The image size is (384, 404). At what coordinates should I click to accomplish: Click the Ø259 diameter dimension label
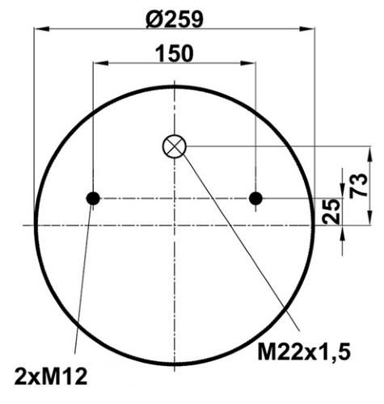tap(174, 20)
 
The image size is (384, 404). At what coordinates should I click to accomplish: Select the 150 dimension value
tap(175, 53)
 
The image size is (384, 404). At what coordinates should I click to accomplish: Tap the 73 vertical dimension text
tap(358, 186)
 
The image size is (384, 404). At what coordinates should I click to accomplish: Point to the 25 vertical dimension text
tap(331, 211)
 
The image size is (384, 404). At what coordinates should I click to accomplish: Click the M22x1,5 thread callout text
tap(304, 352)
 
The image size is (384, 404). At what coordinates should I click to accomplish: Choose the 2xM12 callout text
tap(51, 377)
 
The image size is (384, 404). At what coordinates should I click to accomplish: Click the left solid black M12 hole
tap(93, 199)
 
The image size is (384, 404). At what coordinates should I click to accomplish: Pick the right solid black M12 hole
tap(255, 199)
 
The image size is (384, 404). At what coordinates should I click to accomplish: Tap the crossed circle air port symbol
tap(175, 146)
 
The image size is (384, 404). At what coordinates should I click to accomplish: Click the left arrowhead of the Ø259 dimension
tap(41, 28)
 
